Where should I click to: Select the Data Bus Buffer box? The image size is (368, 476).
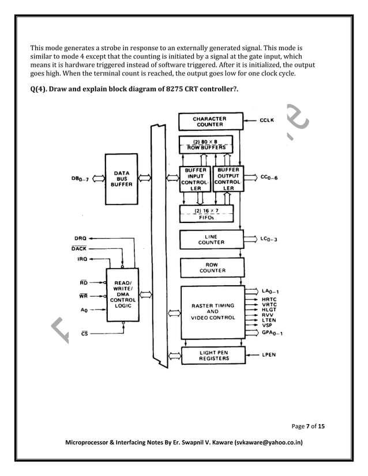[122, 178]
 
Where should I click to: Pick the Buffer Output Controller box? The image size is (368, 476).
[228, 179]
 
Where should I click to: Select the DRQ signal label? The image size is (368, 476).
[81, 237]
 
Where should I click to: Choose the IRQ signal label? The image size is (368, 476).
[81, 259]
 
